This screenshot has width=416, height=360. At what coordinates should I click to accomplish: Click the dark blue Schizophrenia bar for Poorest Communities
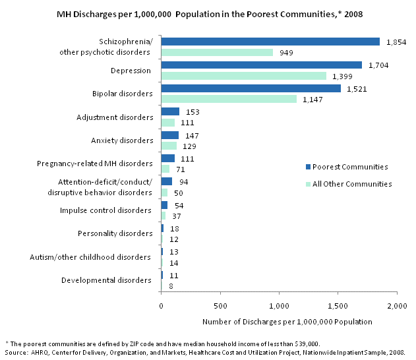click(x=270, y=42)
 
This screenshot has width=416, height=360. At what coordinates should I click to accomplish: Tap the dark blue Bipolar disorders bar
click(x=251, y=88)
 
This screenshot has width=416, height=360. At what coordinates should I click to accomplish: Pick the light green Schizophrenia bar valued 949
click(x=217, y=53)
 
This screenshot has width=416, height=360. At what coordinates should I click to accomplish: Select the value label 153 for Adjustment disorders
click(x=193, y=112)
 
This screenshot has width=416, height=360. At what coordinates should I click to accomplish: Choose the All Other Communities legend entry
click(x=349, y=184)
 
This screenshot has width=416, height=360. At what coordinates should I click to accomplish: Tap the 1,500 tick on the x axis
click(x=338, y=306)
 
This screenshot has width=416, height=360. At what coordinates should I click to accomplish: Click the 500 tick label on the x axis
click(x=220, y=306)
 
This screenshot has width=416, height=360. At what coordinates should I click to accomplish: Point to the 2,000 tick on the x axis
click(x=396, y=306)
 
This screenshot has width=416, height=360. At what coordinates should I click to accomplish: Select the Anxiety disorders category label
click(x=122, y=140)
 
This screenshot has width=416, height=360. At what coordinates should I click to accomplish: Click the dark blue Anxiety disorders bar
click(x=169, y=135)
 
